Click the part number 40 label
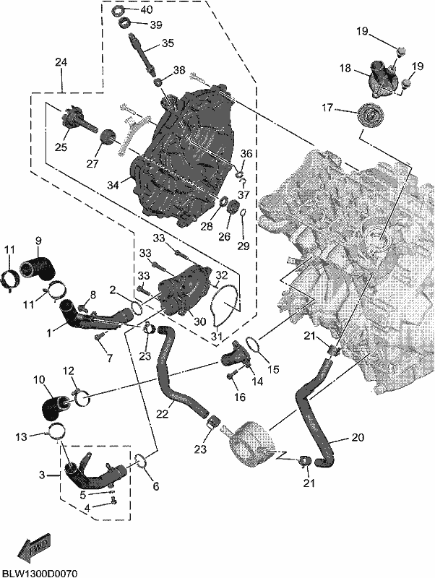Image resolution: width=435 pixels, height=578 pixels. click(x=147, y=9)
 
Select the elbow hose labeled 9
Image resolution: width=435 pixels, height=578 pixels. click(x=36, y=269)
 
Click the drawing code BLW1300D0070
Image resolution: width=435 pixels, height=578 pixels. click(x=39, y=574)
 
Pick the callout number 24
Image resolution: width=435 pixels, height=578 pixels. click(x=61, y=62)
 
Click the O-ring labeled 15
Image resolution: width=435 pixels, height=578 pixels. click(x=254, y=345)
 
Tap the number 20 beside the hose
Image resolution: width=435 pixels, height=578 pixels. click(x=358, y=437)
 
